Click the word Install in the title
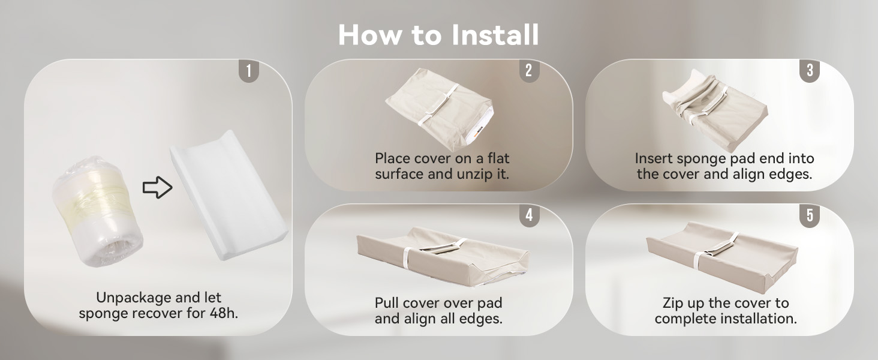tap(495, 35)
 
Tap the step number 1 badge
tap(248, 71)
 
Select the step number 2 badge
tap(529, 71)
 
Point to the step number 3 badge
tap(810, 71)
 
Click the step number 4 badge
tap(529, 215)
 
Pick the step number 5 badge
tap(810, 215)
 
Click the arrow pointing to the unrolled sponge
tap(157, 187)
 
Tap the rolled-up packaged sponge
tap(97, 212)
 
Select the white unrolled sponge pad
tap(228, 194)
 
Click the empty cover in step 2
tap(440, 109)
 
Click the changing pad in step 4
tap(443, 256)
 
